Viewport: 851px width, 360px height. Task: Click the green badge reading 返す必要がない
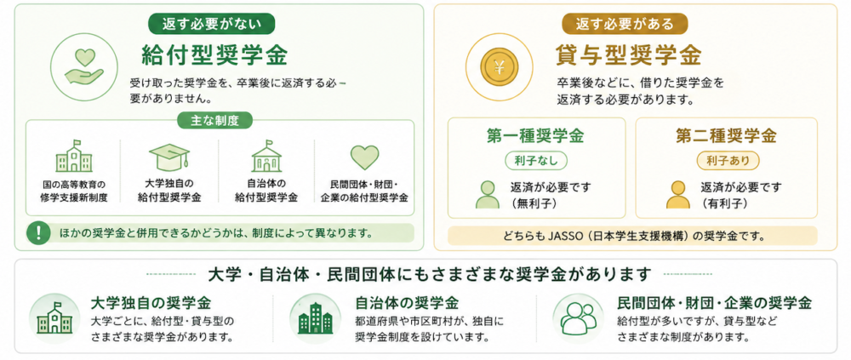[212, 23]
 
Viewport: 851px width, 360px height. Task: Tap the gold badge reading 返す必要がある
[625, 23]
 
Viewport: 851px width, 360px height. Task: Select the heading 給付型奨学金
[214, 54]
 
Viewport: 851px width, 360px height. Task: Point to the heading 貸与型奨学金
[629, 54]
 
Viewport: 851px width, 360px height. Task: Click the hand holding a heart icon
[83, 67]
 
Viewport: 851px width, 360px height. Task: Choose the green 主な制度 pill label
[215, 121]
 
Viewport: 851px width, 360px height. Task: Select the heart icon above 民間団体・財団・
[364, 157]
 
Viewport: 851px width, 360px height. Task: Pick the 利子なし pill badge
[536, 160]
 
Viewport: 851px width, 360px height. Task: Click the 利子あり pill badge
[728, 160]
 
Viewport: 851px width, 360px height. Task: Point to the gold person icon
[678, 194]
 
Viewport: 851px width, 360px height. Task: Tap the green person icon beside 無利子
[488, 194]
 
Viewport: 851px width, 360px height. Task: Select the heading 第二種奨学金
[726, 136]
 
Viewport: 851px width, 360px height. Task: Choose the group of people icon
[578, 318]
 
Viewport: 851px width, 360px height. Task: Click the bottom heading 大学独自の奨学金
[151, 302]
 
